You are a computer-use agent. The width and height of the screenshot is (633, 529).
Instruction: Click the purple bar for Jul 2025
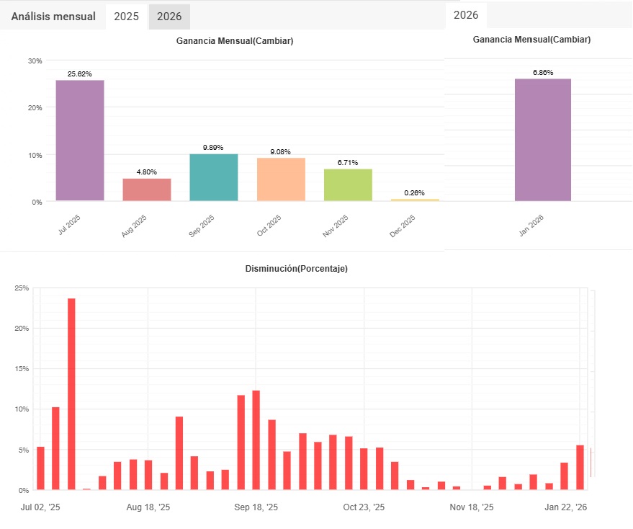click(x=80, y=141)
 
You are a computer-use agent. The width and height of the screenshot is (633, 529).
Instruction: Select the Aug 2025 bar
click(x=147, y=190)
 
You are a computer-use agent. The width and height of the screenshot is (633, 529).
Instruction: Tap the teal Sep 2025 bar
click(x=214, y=177)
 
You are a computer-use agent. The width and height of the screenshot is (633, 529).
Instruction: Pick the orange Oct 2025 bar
click(x=281, y=179)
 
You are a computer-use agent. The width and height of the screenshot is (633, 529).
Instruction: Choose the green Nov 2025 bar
click(x=348, y=185)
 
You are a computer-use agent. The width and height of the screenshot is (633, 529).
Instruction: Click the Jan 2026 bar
click(x=543, y=140)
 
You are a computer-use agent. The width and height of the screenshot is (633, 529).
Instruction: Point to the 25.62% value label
click(x=80, y=74)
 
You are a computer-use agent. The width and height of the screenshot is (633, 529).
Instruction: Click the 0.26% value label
click(x=415, y=193)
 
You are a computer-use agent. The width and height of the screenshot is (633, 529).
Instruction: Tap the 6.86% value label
click(x=543, y=73)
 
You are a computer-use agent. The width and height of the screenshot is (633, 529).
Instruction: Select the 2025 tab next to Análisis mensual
click(x=127, y=16)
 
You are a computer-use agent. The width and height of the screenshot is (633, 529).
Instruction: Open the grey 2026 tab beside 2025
click(x=169, y=16)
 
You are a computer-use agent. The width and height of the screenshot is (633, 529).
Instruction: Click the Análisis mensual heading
click(x=53, y=16)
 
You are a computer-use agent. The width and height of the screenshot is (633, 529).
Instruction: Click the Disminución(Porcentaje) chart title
click(x=297, y=269)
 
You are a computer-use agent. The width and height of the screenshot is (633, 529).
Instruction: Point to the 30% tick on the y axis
click(x=35, y=61)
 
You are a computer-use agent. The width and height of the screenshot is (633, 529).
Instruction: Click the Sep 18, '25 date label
click(x=256, y=507)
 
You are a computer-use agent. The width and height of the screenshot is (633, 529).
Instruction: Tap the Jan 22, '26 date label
click(x=566, y=507)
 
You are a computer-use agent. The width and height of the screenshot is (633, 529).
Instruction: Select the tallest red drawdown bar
click(x=71, y=394)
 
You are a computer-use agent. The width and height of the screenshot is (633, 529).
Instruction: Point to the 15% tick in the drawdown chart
click(x=22, y=369)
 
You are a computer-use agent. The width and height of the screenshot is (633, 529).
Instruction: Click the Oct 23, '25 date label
click(x=364, y=507)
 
